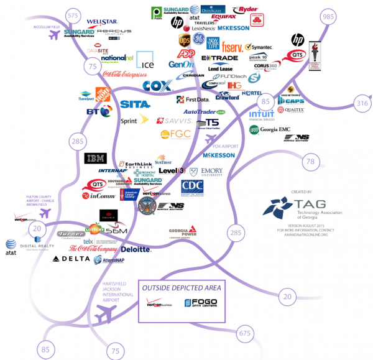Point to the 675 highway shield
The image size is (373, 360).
pos(246,334)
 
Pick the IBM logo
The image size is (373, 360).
pos(95,158)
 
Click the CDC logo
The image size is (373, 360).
pos(192,187)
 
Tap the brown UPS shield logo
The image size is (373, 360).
pos(185,40)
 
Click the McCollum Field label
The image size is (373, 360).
pos(46,27)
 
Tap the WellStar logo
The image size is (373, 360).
pos(103,22)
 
